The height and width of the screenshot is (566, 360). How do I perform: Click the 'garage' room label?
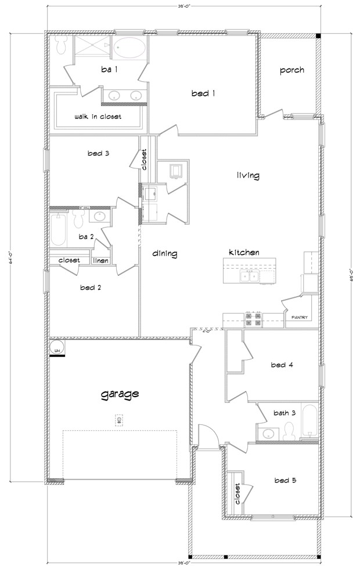(x=120, y=394)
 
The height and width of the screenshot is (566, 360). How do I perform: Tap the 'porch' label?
(x=291, y=70)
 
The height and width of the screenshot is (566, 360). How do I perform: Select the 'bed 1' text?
(x=203, y=93)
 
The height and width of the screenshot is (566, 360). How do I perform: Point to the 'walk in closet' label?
(x=98, y=117)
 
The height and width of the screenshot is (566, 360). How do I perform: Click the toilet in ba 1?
(x=59, y=46)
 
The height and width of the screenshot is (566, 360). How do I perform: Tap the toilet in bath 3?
(x=289, y=430)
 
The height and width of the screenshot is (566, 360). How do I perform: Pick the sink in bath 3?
(x=268, y=433)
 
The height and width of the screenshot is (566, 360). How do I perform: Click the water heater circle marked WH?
(x=57, y=348)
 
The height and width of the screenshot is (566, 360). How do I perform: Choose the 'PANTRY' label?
(x=300, y=318)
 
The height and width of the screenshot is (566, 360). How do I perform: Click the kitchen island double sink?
(x=251, y=276)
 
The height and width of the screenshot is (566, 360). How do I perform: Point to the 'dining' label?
(x=165, y=253)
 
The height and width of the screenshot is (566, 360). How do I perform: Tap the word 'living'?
(x=248, y=175)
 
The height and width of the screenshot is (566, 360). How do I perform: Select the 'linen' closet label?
(x=100, y=260)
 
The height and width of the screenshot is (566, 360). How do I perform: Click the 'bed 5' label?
(x=286, y=480)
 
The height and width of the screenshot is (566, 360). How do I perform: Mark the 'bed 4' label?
(x=282, y=365)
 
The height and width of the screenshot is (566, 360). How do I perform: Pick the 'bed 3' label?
(x=99, y=153)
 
